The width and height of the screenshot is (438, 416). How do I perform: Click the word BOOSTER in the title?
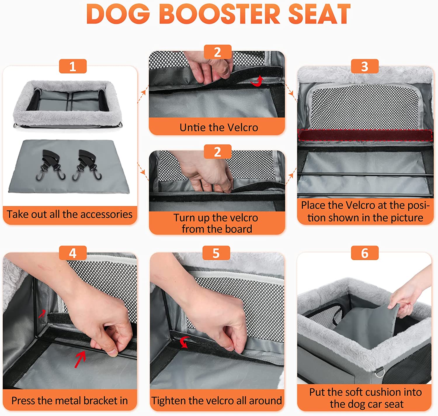pyautogui.click(x=219, y=14)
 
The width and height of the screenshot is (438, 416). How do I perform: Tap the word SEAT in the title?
pyautogui.click(x=319, y=14)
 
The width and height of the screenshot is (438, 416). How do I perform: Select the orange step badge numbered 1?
pyautogui.click(x=73, y=66)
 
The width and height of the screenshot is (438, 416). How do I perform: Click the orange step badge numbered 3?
pyautogui.click(x=365, y=66)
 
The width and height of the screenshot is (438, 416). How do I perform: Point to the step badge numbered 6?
pyautogui.click(x=365, y=253)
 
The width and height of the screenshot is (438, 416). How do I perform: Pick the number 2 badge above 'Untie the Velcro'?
pyautogui.click(x=218, y=52)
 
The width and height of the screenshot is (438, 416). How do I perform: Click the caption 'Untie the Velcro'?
pyautogui.click(x=219, y=128)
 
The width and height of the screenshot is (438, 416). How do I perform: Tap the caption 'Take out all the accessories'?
pyautogui.click(x=69, y=214)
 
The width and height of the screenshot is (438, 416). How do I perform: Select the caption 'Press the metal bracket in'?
pyautogui.click(x=69, y=400)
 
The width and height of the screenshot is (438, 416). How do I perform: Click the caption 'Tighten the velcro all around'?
pyautogui.click(x=217, y=400)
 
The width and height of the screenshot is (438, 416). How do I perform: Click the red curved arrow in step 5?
pyautogui.click(x=184, y=342)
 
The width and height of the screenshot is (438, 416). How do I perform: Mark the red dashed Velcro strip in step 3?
pyautogui.click(x=365, y=135)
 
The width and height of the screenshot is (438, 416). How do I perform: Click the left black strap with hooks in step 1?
pyautogui.click(x=51, y=164)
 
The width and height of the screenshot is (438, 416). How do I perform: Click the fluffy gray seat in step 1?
pyautogui.click(x=67, y=105)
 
